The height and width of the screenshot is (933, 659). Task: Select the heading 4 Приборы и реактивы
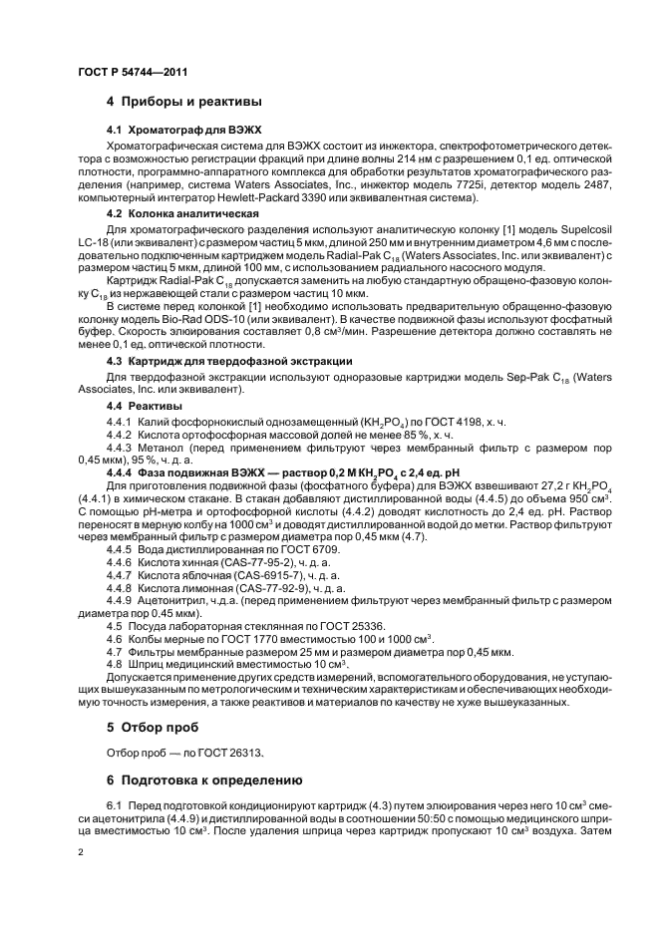(184, 102)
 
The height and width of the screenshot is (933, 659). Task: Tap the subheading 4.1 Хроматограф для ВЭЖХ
(169, 131)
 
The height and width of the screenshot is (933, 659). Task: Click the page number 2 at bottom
(82, 854)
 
